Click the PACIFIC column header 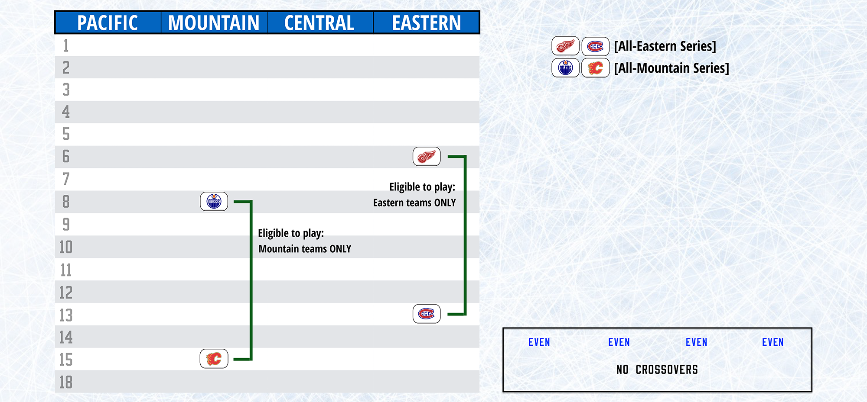coord(108,23)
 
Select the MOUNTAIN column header coord(214,23)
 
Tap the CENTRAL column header coord(319,23)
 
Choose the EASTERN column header coord(427,23)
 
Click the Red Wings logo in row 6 coord(427,157)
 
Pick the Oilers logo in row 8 coord(214,201)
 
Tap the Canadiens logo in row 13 coord(427,314)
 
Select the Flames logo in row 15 coord(214,359)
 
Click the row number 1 coord(66,45)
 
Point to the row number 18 coord(66,382)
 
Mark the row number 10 coord(66,247)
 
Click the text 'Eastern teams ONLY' coord(414,203)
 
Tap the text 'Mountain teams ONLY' coord(305,249)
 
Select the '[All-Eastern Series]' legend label coord(665,46)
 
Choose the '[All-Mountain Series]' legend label coord(671,68)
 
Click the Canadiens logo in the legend coord(595,46)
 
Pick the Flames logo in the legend coord(595,68)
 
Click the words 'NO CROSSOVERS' coord(657,370)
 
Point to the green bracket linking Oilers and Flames coord(251,280)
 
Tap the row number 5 coord(66,134)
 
